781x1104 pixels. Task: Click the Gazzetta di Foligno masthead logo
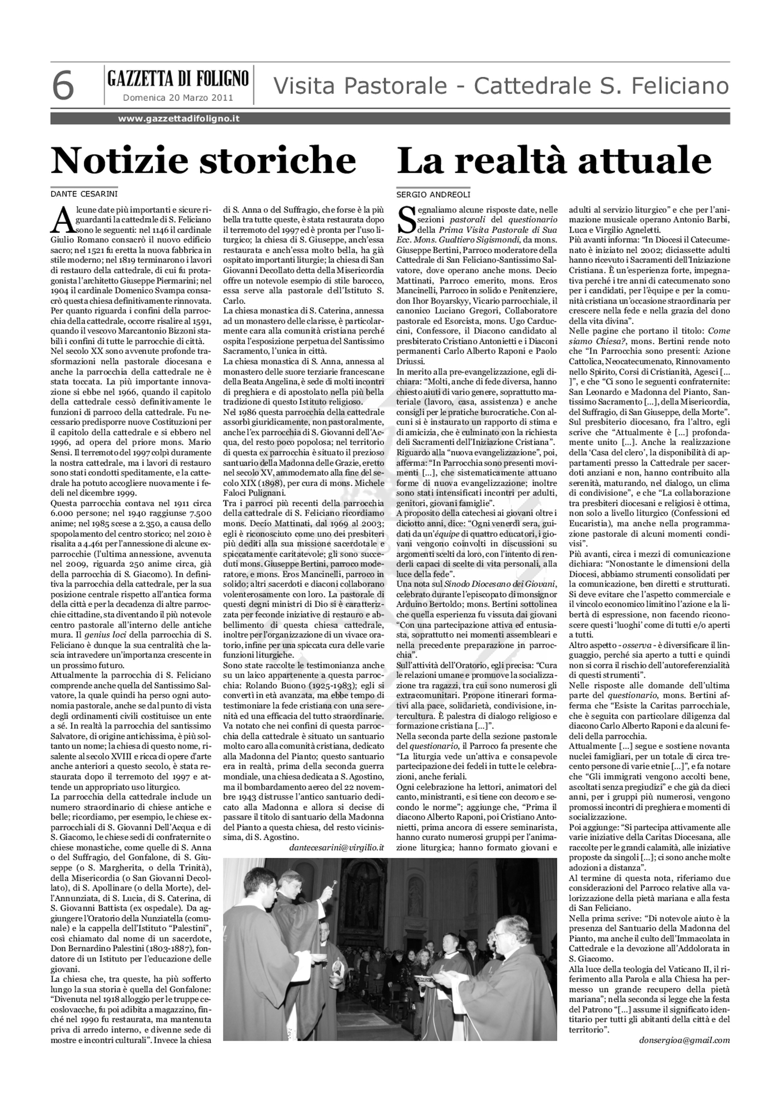click(x=178, y=78)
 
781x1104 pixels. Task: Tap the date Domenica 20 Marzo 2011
click(x=178, y=98)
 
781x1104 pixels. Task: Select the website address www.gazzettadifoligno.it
click(x=179, y=118)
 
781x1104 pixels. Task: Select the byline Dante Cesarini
click(x=84, y=194)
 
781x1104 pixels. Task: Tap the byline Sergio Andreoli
click(x=433, y=194)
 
